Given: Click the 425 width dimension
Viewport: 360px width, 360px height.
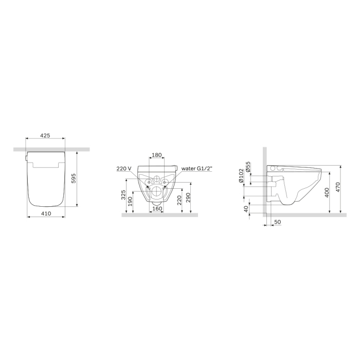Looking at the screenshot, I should [x=45, y=136].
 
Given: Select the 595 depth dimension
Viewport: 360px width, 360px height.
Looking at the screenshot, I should [x=74, y=178].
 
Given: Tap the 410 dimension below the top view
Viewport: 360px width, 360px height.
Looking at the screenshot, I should [x=45, y=212].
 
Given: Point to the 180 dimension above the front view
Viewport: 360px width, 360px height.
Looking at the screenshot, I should [x=157, y=155].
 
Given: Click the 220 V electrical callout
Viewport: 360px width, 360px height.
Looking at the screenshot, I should [x=124, y=168].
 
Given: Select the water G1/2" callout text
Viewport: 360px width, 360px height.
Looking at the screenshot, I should [x=197, y=168].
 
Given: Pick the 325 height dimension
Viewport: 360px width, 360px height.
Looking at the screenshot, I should [x=123, y=196].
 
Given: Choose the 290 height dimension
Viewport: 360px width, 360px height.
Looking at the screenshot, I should [x=189, y=198].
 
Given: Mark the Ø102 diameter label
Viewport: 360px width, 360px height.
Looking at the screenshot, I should [x=241, y=176].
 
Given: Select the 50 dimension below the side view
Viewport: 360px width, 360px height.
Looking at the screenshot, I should [x=278, y=222].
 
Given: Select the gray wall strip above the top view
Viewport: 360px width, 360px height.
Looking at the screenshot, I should [x=51, y=149].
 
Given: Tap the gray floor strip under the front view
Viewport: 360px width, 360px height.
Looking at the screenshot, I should [x=159, y=215].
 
